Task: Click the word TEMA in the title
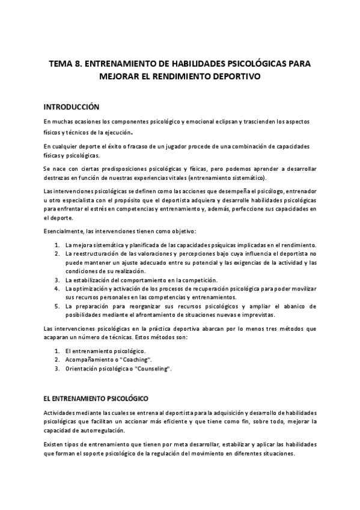coord(61,63)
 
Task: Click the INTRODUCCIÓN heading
coord(71,107)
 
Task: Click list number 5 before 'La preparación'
coord(56,306)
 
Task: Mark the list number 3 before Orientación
coord(56,368)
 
